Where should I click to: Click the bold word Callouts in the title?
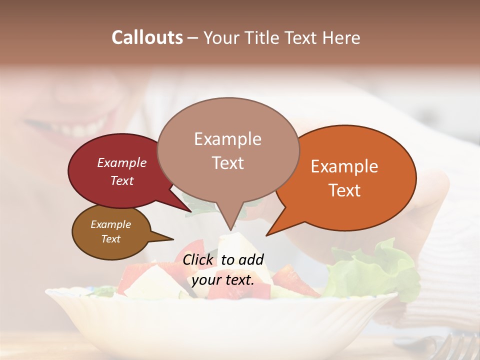(147, 37)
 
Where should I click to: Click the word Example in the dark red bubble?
(122, 162)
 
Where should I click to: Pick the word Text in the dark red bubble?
(122, 180)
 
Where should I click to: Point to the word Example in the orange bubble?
(344, 166)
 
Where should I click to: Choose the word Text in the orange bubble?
(344, 190)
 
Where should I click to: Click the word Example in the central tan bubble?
(227, 139)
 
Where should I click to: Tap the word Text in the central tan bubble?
(227, 163)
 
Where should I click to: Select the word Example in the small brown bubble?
(110, 224)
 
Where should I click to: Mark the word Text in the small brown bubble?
(110, 239)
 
